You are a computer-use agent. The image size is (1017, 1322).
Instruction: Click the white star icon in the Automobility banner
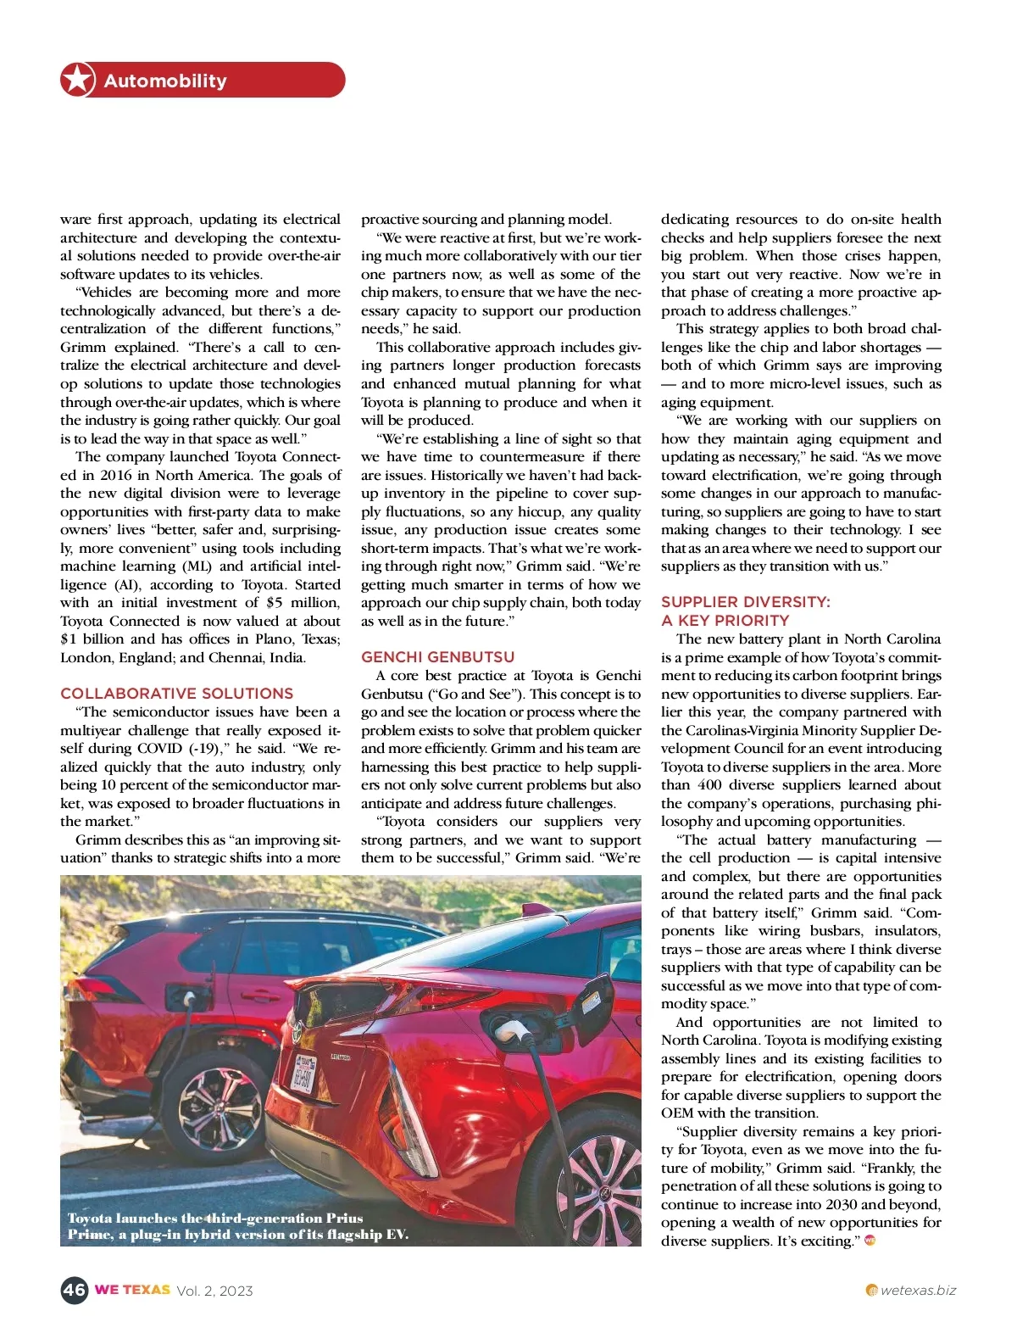point(77,80)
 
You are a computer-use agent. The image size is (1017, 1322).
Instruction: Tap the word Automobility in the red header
point(165,81)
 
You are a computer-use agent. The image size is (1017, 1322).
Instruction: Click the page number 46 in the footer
point(74,1290)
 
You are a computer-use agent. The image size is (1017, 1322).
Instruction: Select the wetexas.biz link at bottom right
point(918,1291)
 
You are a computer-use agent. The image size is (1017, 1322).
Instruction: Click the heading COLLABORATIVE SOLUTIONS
point(176,693)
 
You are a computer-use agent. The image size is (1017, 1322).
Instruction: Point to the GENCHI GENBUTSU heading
point(437,656)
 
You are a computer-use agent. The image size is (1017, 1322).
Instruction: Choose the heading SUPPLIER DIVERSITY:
point(745,601)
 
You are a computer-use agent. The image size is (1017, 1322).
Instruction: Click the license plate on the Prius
point(303,1073)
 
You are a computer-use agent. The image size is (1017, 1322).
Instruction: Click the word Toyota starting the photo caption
point(90,1218)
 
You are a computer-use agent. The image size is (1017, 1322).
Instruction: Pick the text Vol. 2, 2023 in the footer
point(214,1291)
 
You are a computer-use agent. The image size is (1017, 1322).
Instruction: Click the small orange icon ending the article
point(869,1241)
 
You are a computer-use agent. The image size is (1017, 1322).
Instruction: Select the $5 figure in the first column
point(274,602)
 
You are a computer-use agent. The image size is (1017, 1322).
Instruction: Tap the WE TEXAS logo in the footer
point(132,1290)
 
